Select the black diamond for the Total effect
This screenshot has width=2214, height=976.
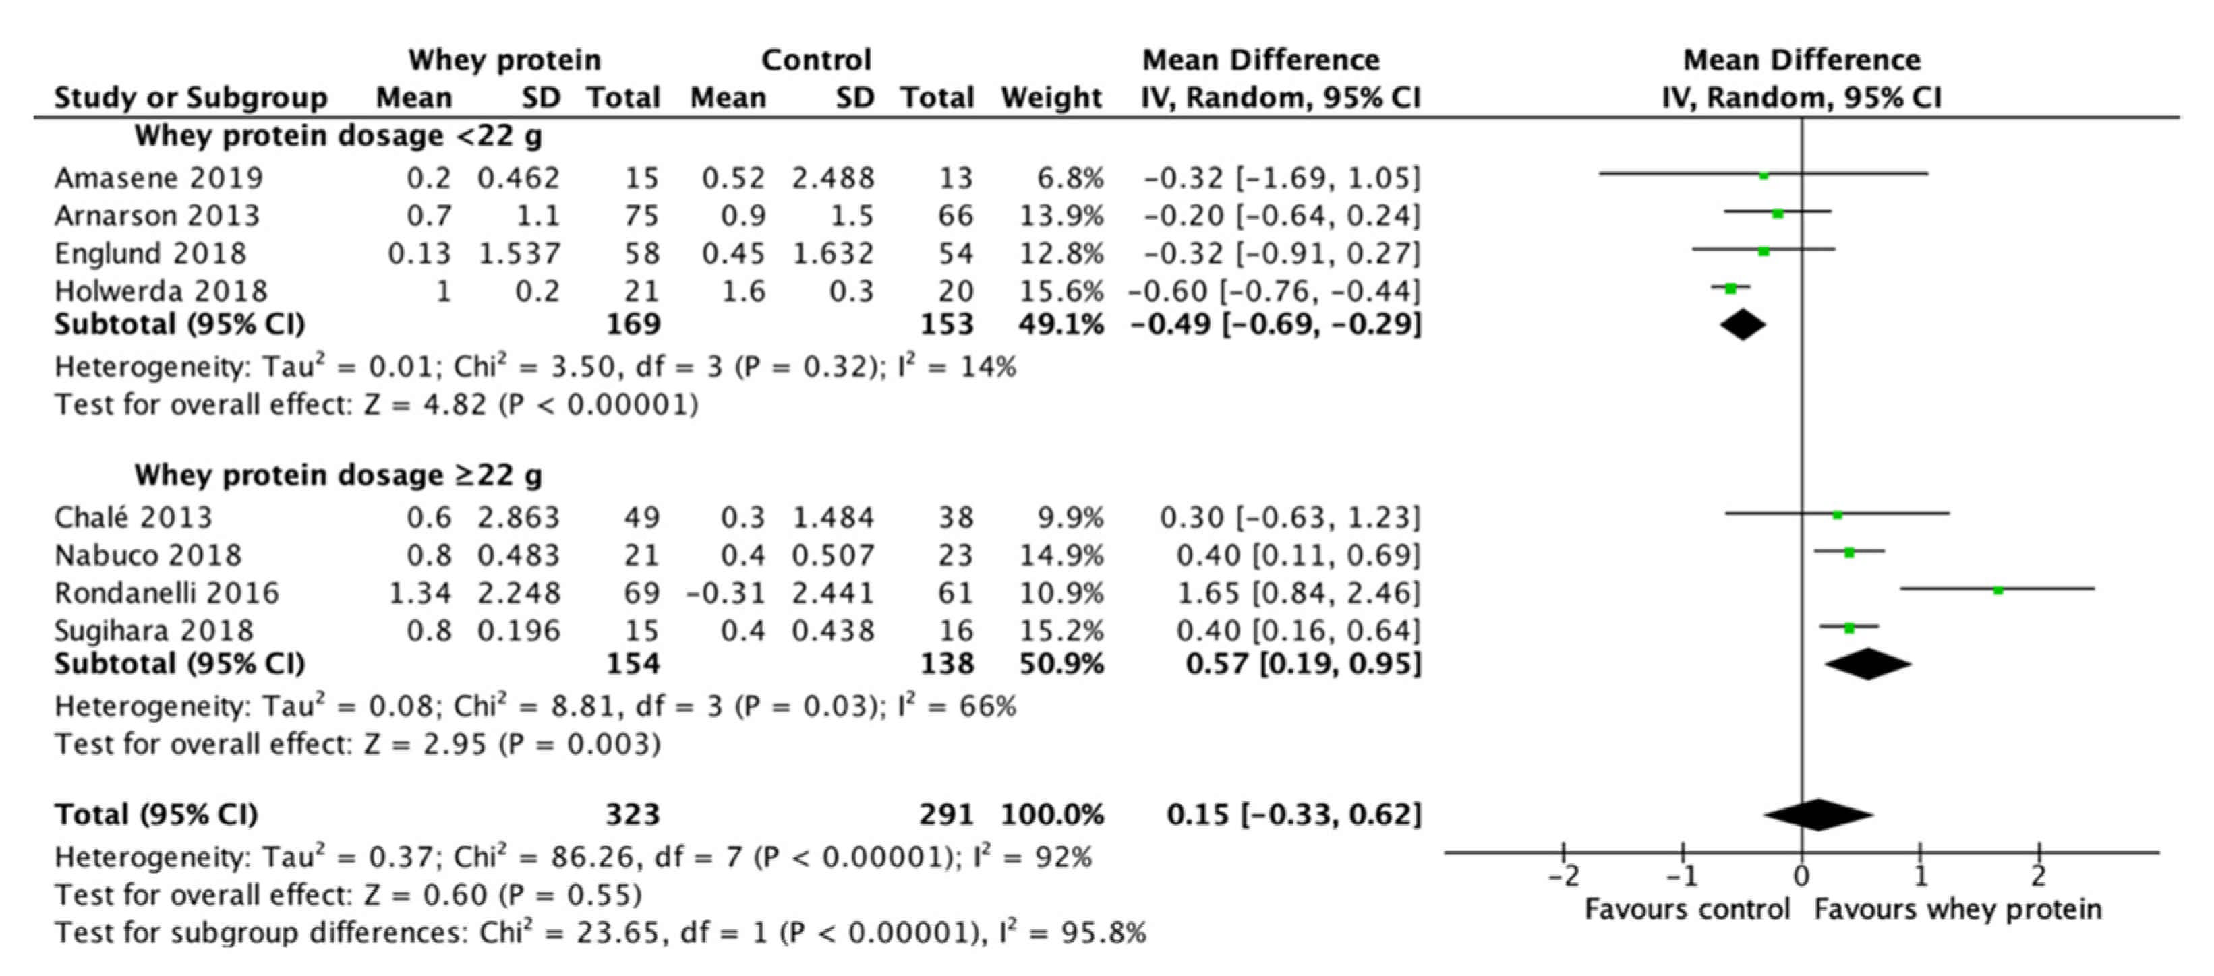(1817, 814)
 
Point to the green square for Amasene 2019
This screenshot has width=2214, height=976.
(1764, 175)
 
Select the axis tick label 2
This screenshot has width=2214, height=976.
(2039, 876)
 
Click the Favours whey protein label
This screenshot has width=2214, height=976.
(1958, 909)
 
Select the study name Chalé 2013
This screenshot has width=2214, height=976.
(134, 517)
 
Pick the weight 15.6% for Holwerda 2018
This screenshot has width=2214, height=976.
(1061, 291)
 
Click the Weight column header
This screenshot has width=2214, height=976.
(1051, 97)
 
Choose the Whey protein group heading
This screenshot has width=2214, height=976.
(504, 59)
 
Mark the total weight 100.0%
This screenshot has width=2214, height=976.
(1052, 814)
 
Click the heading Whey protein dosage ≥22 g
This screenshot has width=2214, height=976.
(339, 475)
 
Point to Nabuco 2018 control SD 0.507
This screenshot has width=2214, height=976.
(833, 555)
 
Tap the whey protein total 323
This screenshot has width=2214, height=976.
(633, 814)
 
